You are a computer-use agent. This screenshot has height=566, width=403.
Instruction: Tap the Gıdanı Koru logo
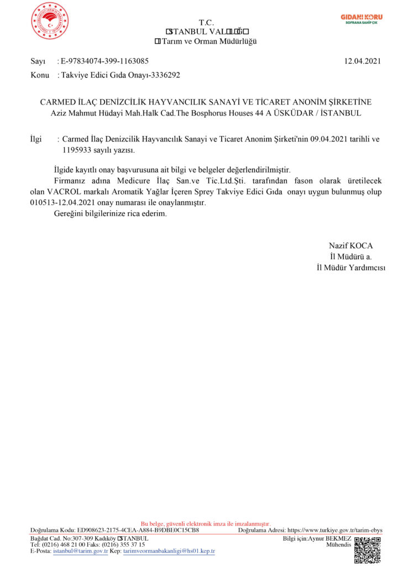pyautogui.click(x=361, y=19)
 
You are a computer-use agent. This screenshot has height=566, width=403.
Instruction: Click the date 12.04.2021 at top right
pyautogui.click(x=363, y=61)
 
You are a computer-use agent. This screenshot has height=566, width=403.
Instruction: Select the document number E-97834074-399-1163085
pyautogui.click(x=104, y=61)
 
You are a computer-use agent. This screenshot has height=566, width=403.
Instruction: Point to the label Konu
pyautogui.click(x=40, y=75)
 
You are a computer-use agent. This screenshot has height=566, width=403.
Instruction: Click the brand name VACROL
pyautogui.click(x=66, y=191)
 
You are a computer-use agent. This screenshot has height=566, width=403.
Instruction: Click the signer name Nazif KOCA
pyautogui.click(x=350, y=245)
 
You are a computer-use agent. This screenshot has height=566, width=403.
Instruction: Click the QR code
pyautogui.click(x=368, y=550)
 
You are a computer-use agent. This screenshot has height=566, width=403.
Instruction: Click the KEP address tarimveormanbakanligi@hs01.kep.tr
pyautogui.click(x=169, y=551)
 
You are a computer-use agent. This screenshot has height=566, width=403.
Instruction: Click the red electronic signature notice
pyautogui.click(x=206, y=523)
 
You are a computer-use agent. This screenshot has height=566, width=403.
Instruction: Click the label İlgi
pyautogui.click(x=36, y=139)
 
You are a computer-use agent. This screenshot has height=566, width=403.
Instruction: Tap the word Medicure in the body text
pyautogui.click(x=132, y=181)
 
